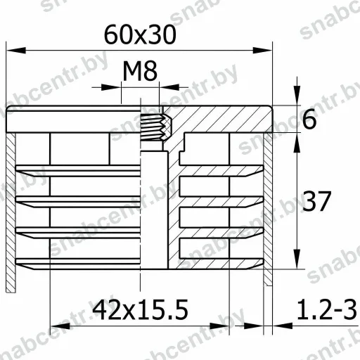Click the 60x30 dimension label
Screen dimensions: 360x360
click(140, 35)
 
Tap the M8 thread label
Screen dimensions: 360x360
click(140, 71)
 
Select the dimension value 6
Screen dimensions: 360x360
click(309, 120)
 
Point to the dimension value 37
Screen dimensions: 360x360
click(316, 201)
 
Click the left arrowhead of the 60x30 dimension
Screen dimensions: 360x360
click(16, 50)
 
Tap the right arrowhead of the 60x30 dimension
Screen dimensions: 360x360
click(262, 50)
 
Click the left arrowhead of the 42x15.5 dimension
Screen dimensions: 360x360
click(60, 326)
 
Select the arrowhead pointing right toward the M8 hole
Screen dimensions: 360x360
click(111, 87)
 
